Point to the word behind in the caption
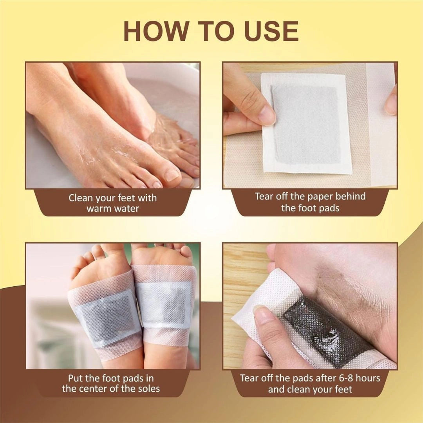351,197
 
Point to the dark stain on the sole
345,282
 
